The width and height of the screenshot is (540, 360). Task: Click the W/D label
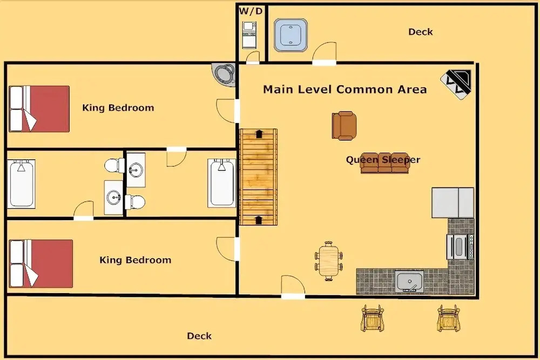(251, 11)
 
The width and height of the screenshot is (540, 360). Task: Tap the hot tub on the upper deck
(291, 35)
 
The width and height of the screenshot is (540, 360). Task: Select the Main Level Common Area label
(345, 90)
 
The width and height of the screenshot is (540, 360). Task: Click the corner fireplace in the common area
(456, 84)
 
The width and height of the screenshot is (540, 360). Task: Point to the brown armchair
(344, 126)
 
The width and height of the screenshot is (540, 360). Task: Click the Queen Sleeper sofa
(384, 163)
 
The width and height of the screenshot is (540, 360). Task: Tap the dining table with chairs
(328, 261)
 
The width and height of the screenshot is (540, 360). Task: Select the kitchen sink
(409, 282)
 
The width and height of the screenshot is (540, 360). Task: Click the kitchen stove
(460, 247)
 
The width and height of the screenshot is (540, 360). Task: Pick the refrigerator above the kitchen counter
(453, 203)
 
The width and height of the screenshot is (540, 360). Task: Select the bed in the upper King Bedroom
(39, 109)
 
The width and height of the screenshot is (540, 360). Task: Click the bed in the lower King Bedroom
(40, 263)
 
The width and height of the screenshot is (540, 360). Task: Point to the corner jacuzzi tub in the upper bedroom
(224, 74)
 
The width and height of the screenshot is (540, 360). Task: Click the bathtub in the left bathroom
(22, 184)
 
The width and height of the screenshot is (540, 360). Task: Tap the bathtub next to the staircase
(222, 183)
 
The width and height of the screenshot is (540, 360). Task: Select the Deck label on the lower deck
(199, 336)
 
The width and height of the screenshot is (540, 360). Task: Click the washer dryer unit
(249, 35)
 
